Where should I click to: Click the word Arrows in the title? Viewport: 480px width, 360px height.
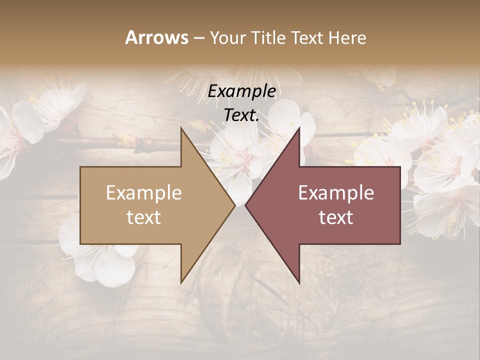[x=156, y=37]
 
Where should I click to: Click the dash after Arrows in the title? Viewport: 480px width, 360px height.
[x=198, y=38]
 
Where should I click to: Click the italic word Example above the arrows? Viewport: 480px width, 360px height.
[x=241, y=91]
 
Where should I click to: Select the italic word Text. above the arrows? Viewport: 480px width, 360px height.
[x=241, y=115]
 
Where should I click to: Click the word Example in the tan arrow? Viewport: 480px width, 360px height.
[x=143, y=192]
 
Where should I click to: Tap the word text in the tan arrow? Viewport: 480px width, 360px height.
[x=143, y=217]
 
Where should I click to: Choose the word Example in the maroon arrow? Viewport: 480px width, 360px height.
[x=336, y=192]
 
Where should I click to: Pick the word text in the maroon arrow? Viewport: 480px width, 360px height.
[x=336, y=217]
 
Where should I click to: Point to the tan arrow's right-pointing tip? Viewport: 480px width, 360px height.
[x=234, y=205]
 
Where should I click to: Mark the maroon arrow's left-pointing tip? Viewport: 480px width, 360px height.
[x=245, y=205]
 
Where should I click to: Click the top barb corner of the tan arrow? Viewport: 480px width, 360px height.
[x=181, y=128]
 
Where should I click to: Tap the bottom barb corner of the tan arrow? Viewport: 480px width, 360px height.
[x=181, y=283]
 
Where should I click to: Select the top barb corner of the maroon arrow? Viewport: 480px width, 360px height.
[x=299, y=128]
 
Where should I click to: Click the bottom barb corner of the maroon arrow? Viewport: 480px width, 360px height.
[x=299, y=283]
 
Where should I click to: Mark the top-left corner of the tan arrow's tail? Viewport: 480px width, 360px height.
[x=80, y=167]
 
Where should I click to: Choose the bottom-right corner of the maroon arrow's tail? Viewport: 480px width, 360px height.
[x=400, y=244]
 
